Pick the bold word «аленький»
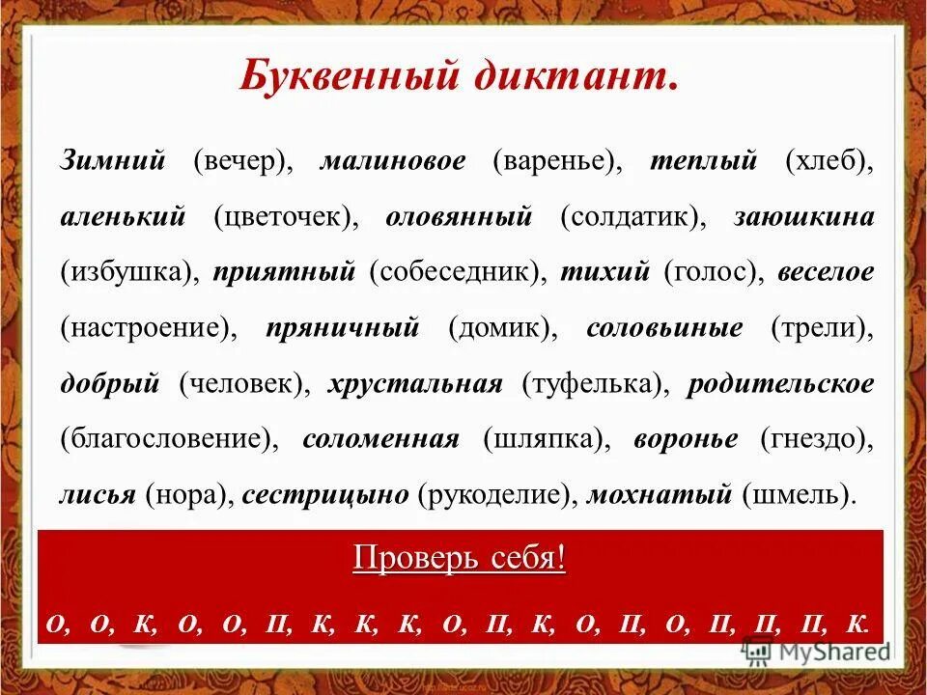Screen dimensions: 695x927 click(x=123, y=216)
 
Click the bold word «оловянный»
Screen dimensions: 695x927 click(x=459, y=216)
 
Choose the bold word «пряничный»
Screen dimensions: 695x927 click(x=342, y=328)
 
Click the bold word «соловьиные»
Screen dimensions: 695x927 click(x=664, y=328)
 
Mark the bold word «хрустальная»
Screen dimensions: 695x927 click(x=415, y=384)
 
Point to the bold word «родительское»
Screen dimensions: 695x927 click(x=780, y=384)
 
